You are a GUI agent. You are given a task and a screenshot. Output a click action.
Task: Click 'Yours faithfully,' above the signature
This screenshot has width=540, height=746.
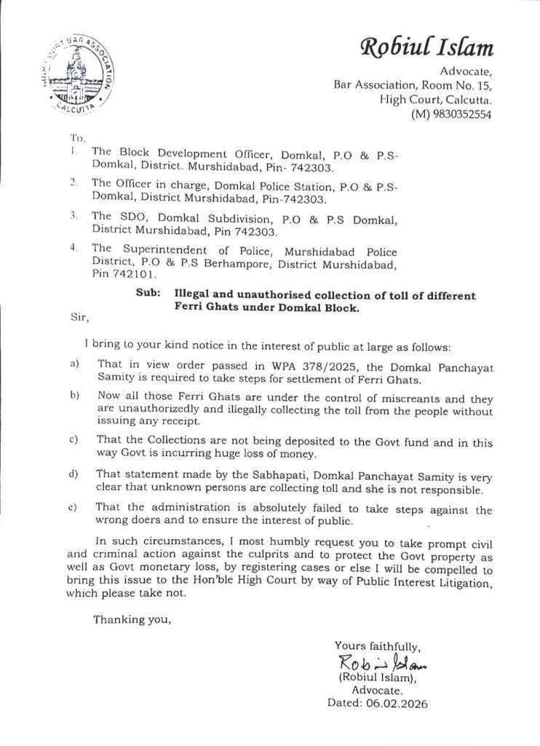(x=377, y=645)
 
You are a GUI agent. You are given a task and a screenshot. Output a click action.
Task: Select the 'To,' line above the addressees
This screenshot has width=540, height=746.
(x=77, y=137)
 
